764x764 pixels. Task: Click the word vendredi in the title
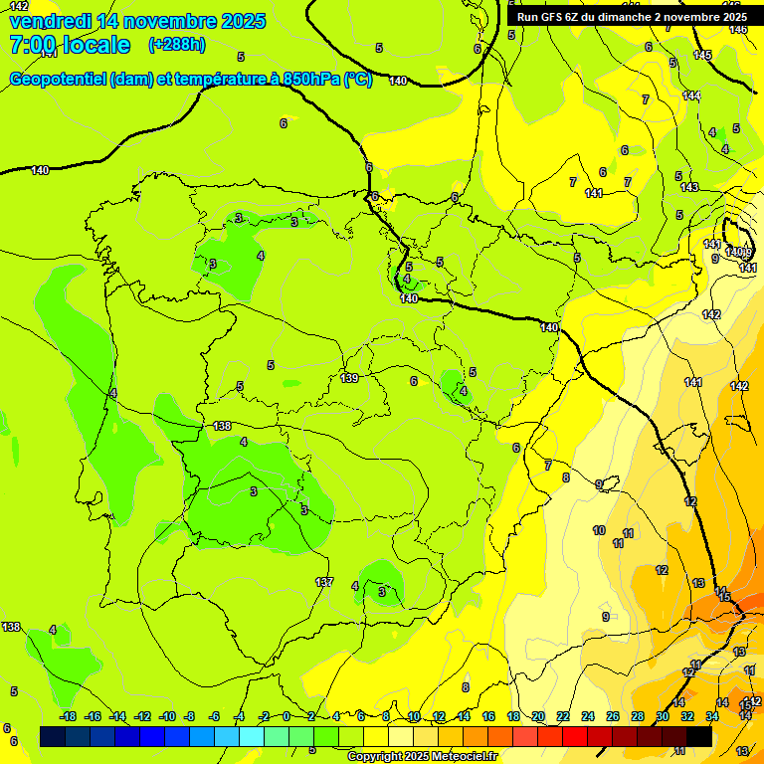(x=50, y=21)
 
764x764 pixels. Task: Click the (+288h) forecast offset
(x=176, y=45)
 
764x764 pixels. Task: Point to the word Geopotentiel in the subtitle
(x=59, y=80)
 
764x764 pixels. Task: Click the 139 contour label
(x=349, y=378)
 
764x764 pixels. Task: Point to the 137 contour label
(x=324, y=582)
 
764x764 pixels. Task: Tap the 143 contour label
(x=689, y=188)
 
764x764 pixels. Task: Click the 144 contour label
(x=691, y=95)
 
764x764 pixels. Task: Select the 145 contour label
(x=703, y=55)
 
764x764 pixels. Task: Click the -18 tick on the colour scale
(x=67, y=716)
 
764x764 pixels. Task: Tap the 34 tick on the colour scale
(x=712, y=716)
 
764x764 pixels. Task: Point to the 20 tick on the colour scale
(x=538, y=716)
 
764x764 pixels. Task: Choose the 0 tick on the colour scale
(x=286, y=716)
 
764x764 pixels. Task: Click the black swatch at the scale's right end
(x=699, y=736)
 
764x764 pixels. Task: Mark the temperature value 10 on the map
(x=599, y=531)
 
